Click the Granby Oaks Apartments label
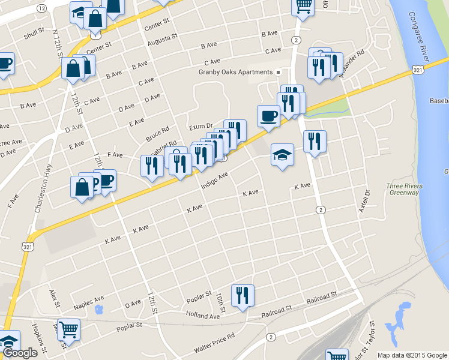tap(236, 72)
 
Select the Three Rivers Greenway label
tap(403, 189)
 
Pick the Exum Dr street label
tap(201, 127)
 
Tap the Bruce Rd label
tap(158, 134)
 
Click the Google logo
tap(19, 353)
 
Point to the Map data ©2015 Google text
tap(412, 355)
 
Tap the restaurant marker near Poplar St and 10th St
tap(243, 296)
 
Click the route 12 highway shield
tap(41, 8)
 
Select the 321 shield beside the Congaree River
tap(420, 71)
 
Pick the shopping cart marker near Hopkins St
tap(69, 329)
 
